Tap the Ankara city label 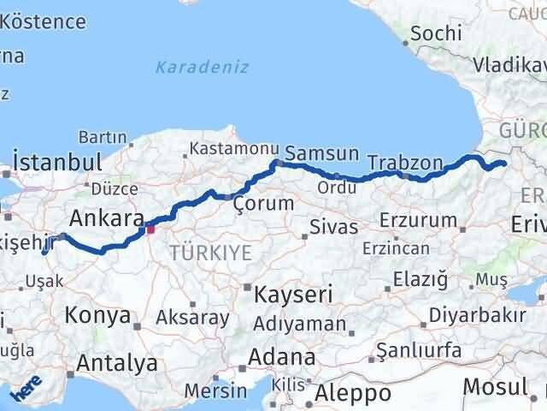tap(106, 218)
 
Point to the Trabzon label tap(405, 162)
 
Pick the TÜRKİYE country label tap(210, 252)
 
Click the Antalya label tap(117, 362)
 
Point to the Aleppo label tap(352, 393)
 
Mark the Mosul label tap(495, 386)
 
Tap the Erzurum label tap(420, 220)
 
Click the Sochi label tap(436, 33)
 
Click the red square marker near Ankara tap(150, 228)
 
